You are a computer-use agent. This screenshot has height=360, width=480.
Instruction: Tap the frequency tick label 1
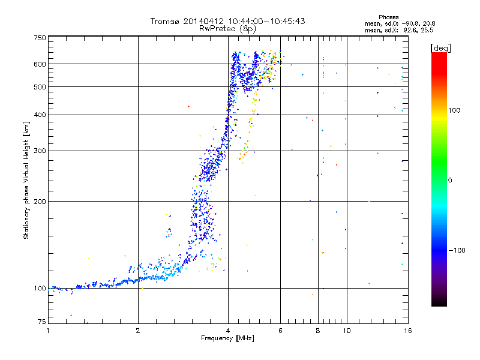48,331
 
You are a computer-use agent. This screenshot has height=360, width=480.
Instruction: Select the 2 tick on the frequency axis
138,331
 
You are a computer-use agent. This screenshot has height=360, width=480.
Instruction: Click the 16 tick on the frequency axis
407,331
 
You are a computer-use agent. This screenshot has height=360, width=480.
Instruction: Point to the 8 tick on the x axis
318,331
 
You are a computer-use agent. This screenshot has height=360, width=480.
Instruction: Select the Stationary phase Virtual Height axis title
26,180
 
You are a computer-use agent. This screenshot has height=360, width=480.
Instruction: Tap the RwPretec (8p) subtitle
228,28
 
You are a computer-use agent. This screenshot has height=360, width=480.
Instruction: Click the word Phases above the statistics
389,17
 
